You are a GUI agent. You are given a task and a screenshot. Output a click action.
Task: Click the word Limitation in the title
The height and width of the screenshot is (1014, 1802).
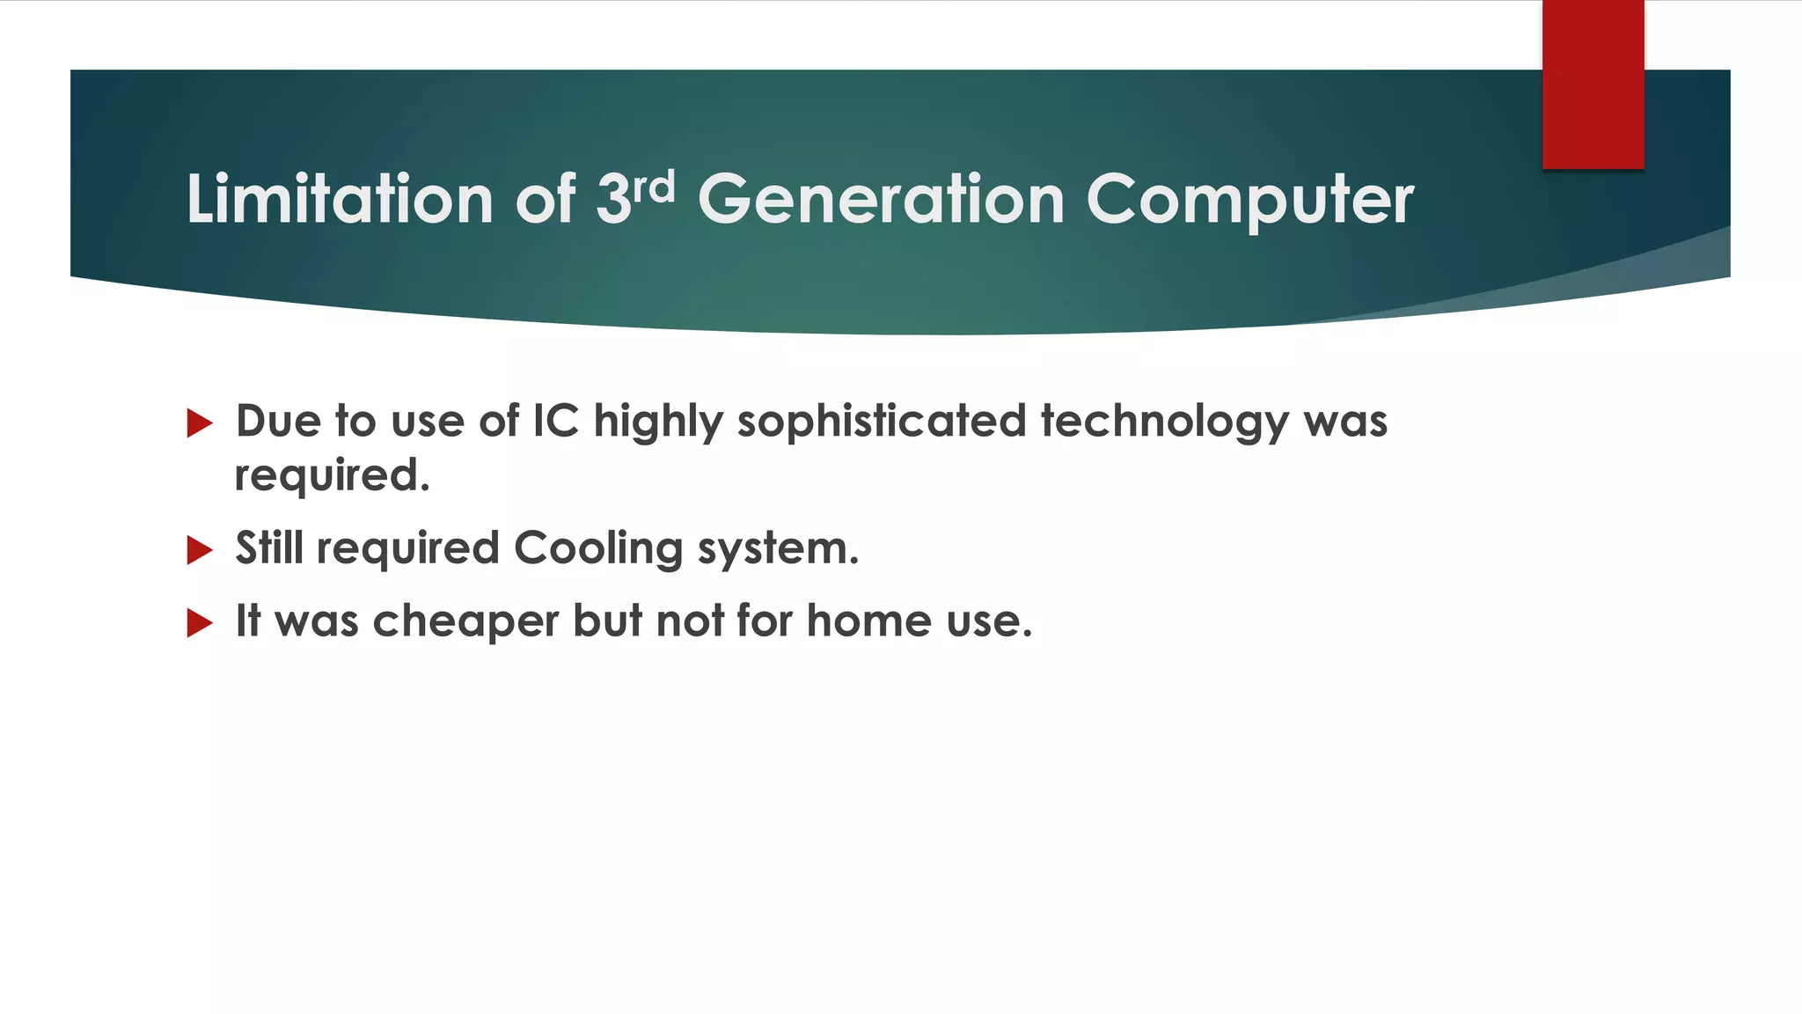pyautogui.click(x=339, y=199)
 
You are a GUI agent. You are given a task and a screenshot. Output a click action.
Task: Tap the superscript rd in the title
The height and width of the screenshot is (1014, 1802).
pyautogui.click(x=655, y=187)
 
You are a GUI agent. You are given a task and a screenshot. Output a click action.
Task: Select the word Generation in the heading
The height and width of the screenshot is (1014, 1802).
pyautogui.click(x=882, y=199)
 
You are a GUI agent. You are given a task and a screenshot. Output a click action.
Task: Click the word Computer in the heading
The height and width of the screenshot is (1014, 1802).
pyautogui.click(x=1250, y=201)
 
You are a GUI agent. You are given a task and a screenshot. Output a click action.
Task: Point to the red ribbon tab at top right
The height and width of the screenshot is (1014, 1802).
pyautogui.click(x=1593, y=84)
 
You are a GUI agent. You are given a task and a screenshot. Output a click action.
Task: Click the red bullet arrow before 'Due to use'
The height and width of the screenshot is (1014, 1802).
pyautogui.click(x=200, y=423)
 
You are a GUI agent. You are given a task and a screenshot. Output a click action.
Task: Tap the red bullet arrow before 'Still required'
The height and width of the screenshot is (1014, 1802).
pyautogui.click(x=200, y=550)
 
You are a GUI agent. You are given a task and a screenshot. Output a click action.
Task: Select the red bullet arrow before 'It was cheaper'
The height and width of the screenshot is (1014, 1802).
pyautogui.click(x=200, y=623)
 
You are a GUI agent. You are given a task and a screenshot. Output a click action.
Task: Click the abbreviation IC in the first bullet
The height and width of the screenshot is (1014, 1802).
pyautogui.click(x=556, y=421)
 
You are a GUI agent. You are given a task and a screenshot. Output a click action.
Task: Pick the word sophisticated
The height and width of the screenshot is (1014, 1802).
pyautogui.click(x=882, y=421)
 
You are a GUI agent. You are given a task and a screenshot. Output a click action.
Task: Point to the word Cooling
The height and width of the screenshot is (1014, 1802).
pyautogui.click(x=598, y=549)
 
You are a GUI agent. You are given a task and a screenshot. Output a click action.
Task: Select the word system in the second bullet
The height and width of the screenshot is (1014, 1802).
pyautogui.click(x=778, y=549)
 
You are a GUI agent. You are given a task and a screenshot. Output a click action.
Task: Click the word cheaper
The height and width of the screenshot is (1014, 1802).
pyautogui.click(x=465, y=621)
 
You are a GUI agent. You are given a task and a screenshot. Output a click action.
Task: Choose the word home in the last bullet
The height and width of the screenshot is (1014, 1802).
pyautogui.click(x=869, y=621)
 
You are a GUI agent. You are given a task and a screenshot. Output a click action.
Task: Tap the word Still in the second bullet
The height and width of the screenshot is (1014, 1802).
pyautogui.click(x=269, y=547)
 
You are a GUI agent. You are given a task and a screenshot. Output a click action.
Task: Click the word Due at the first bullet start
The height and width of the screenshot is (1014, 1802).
pyautogui.click(x=278, y=421)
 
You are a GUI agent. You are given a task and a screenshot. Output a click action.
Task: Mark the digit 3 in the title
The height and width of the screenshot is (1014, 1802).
pyautogui.click(x=613, y=199)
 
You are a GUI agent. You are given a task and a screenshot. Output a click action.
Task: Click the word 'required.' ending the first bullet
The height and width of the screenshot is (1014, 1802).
pyautogui.click(x=333, y=476)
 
